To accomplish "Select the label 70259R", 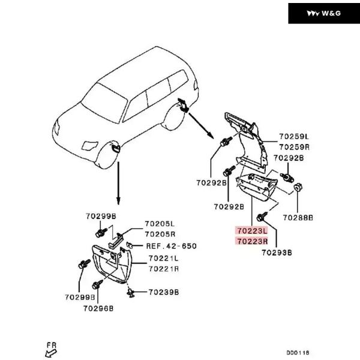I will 294,146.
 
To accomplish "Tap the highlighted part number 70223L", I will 251,230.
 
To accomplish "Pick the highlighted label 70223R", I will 251,241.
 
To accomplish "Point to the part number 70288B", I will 298,217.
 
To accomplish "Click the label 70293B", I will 277,253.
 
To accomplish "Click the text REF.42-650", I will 171,246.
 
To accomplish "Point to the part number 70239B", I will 163,292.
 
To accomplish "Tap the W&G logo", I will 323,13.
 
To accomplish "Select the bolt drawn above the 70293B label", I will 261,217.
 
